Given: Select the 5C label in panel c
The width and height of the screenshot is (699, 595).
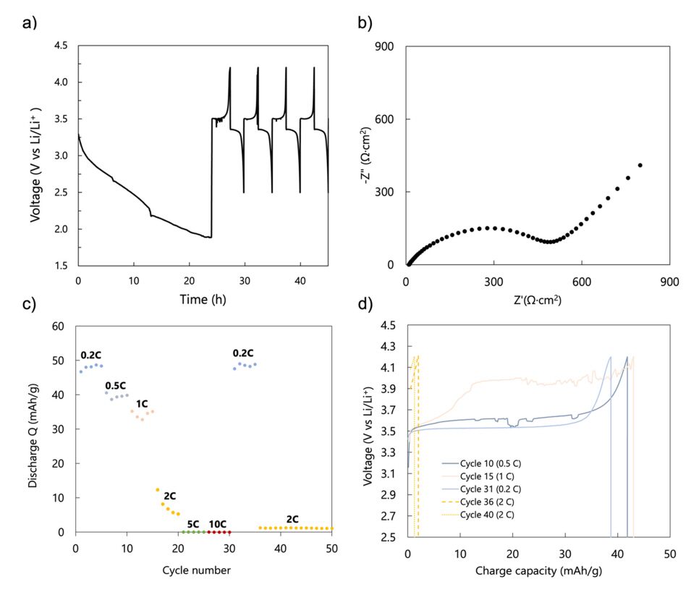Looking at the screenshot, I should (193, 524).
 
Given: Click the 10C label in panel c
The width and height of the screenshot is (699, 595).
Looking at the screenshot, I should (219, 524).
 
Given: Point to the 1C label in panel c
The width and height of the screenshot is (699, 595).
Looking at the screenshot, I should (143, 403).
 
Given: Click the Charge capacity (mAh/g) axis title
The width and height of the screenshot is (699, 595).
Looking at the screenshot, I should (538, 570).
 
